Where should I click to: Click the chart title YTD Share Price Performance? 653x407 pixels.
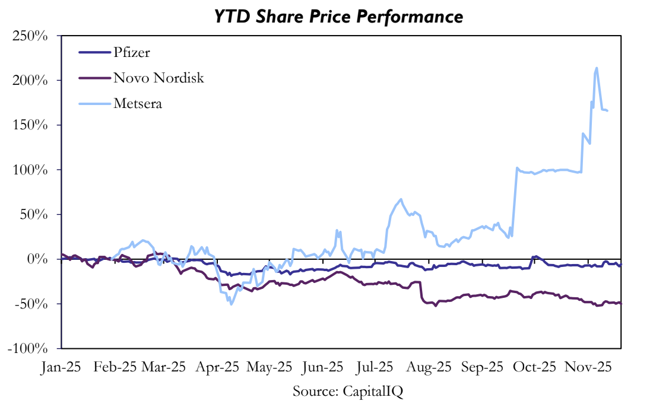[x=339, y=17]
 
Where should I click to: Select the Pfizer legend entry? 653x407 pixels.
[x=132, y=52]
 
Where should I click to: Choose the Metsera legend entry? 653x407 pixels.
[x=138, y=104]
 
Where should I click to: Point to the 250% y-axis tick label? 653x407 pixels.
[x=31, y=36]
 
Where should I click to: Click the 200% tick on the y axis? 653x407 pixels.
[x=31, y=80]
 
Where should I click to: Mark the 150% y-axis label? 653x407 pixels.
[x=31, y=125]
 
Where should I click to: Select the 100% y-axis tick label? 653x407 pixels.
[x=31, y=170]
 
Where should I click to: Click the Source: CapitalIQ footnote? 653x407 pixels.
[x=348, y=391]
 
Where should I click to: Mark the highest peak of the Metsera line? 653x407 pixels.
[x=596, y=68]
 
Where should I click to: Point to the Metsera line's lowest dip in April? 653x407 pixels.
[x=230, y=304]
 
